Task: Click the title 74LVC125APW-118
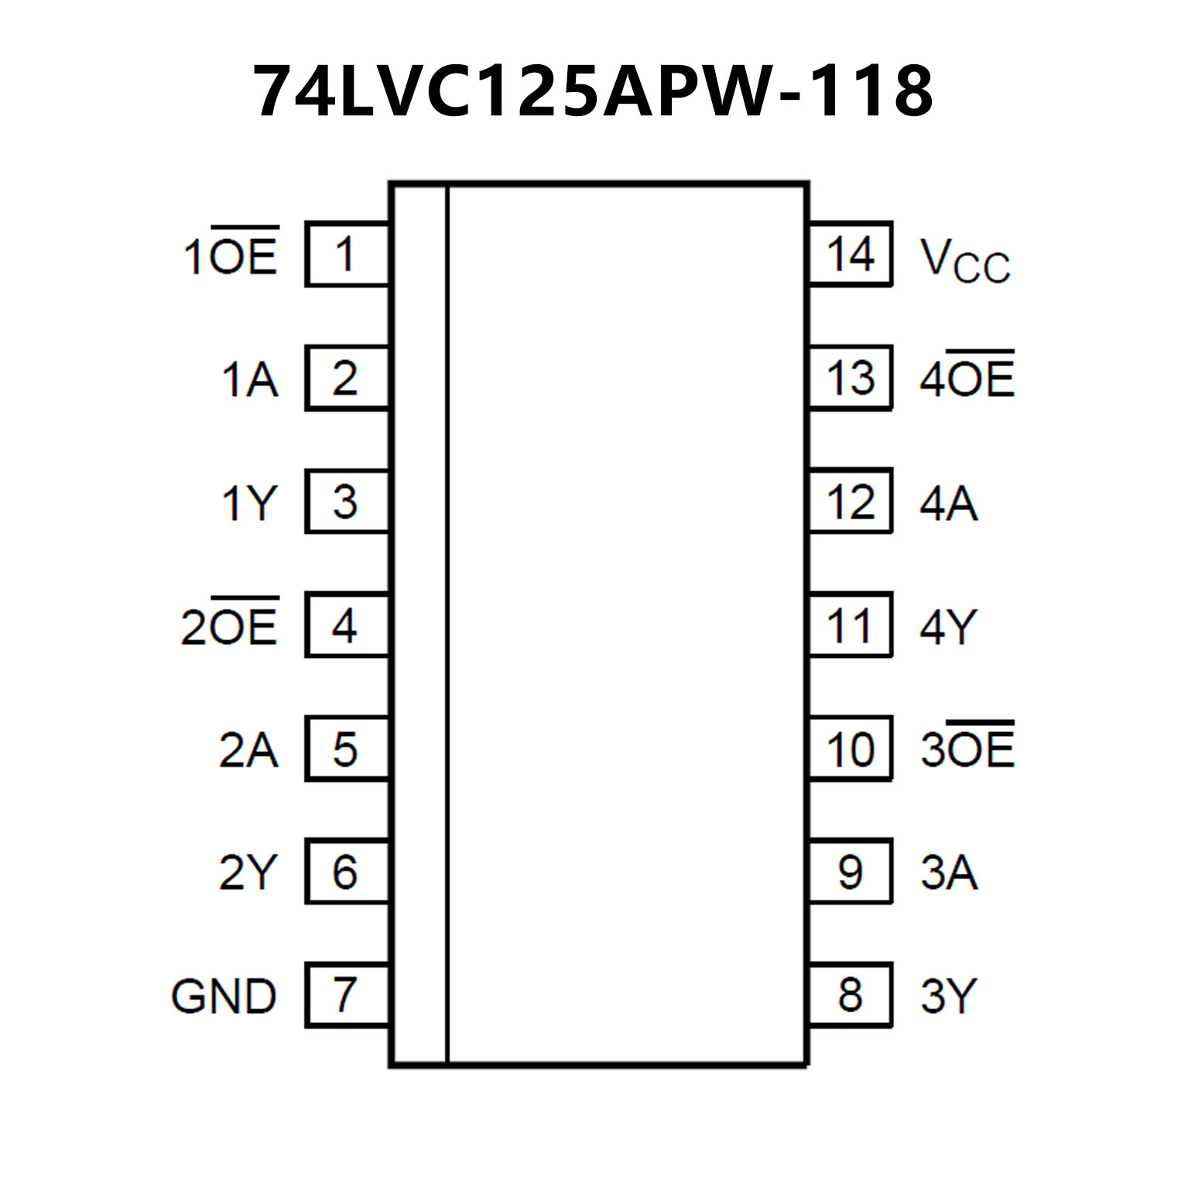[x=594, y=91]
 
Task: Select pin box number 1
[x=346, y=254]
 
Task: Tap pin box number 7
[x=346, y=995]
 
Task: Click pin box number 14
[x=850, y=254]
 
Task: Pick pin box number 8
[x=850, y=995]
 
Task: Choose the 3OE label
[x=967, y=748]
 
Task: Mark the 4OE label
[x=967, y=378]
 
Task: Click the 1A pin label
[x=249, y=379]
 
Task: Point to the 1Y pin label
[x=248, y=503]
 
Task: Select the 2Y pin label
[x=248, y=872]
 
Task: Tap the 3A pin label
[x=949, y=872]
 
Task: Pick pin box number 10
[x=850, y=748]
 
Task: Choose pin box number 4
[x=346, y=625]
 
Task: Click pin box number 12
[x=850, y=502]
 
